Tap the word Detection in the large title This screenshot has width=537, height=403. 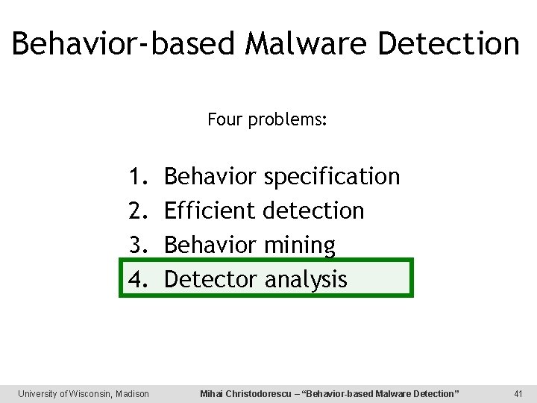(448, 43)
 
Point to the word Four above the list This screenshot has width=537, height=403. (222, 119)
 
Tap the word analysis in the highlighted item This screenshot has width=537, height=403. (306, 280)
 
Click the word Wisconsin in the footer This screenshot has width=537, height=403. (89, 393)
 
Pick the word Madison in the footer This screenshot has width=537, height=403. (132, 393)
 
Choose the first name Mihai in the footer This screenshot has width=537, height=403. (213, 393)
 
